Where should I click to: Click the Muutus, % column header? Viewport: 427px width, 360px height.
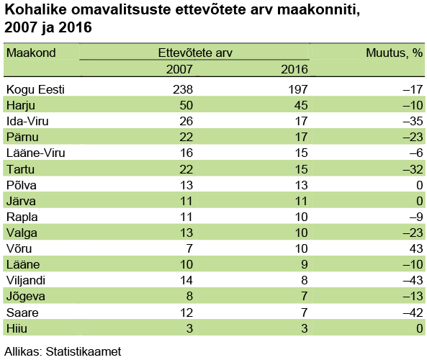[x=394, y=53]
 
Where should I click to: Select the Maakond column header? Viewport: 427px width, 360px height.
[x=31, y=53]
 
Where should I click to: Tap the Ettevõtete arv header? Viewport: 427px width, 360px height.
[x=195, y=53]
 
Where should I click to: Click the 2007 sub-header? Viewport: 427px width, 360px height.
[x=179, y=69]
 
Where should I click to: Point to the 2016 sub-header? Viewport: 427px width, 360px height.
[x=295, y=69]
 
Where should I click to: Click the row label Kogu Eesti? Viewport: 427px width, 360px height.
[x=35, y=89]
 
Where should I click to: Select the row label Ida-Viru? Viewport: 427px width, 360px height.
[x=27, y=121]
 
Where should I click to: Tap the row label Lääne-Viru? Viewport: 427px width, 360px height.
[x=36, y=153]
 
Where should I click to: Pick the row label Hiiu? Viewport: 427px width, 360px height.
[x=17, y=328]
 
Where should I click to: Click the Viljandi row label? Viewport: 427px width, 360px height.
[x=26, y=281]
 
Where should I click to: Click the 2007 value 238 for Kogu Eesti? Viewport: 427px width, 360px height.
[x=183, y=89]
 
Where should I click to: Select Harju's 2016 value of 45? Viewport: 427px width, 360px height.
[x=301, y=105]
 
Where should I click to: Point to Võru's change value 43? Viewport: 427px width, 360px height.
[x=416, y=248]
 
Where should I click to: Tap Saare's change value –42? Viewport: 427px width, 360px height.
[x=413, y=312]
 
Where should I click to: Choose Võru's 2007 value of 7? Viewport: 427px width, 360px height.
[x=189, y=248]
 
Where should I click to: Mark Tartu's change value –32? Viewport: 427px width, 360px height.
[x=413, y=169]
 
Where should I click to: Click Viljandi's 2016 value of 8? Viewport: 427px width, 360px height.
[x=305, y=280]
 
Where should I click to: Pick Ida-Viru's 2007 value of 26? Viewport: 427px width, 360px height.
[x=186, y=121]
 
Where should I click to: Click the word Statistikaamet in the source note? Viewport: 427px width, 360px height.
[x=84, y=351]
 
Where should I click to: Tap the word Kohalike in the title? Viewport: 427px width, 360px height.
[x=36, y=9]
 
